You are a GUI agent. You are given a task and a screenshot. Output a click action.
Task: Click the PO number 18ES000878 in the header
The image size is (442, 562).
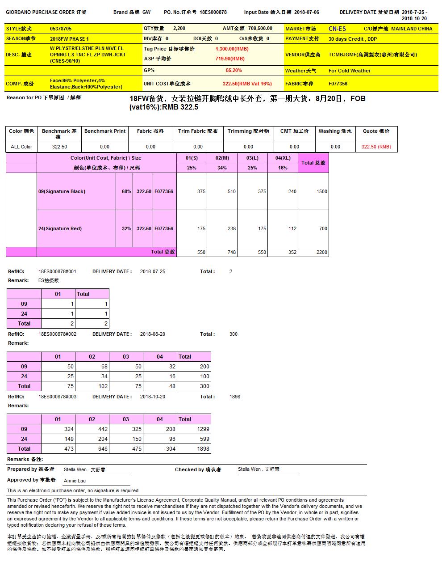[x=213, y=13]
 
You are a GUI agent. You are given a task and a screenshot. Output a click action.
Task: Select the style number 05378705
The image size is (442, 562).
[x=61, y=29]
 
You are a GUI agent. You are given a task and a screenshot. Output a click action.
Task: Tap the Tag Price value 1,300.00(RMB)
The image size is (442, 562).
[x=232, y=49]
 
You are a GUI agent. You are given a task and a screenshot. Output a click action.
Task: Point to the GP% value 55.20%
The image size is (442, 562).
[x=234, y=70]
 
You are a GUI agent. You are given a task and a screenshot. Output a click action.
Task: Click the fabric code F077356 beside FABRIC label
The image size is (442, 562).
[x=338, y=84]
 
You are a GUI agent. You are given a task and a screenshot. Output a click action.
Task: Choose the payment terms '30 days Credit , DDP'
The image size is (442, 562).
[x=352, y=39]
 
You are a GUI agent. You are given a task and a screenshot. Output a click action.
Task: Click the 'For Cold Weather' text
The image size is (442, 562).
[x=350, y=71]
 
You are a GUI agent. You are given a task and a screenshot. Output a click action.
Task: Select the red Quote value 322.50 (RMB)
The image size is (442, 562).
[x=376, y=147]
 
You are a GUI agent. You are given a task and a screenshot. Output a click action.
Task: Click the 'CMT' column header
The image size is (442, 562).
[x=294, y=131]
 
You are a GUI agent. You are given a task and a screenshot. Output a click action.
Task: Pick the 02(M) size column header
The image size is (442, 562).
[x=222, y=158]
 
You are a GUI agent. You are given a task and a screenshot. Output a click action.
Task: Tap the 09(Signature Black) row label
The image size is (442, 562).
[x=62, y=191]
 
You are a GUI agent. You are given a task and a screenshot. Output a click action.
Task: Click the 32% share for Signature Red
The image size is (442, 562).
[x=126, y=228]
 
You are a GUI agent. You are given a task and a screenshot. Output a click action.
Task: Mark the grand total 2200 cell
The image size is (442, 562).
[x=321, y=252]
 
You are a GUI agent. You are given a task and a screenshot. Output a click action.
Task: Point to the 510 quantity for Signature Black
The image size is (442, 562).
[x=231, y=191]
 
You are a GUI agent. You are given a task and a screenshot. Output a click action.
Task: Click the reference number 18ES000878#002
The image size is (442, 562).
[x=57, y=334]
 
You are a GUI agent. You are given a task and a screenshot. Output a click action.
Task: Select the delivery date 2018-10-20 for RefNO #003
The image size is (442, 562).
[x=152, y=397]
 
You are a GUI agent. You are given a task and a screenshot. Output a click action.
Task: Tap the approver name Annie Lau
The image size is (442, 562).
[x=75, y=481]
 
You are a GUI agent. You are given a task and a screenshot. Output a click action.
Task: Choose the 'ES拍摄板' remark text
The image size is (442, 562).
[x=48, y=280]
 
